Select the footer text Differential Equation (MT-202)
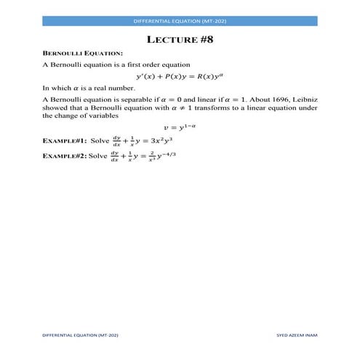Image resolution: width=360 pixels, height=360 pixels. [x=80, y=335]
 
